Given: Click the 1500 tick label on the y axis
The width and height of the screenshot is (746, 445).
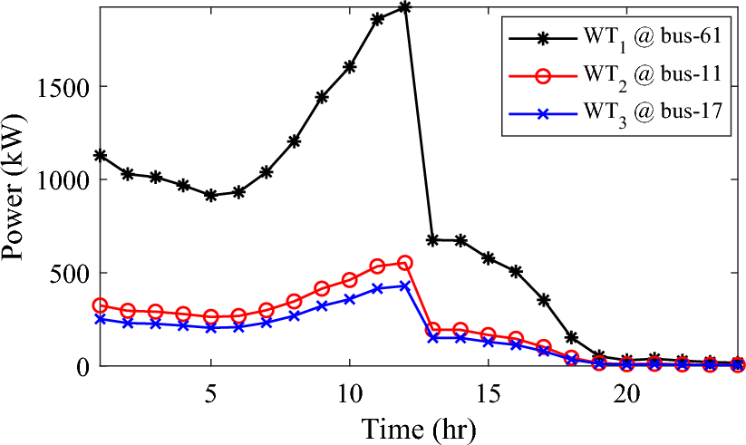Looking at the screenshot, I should point(63,87).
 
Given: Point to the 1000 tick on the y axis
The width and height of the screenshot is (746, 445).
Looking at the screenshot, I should point(63,179).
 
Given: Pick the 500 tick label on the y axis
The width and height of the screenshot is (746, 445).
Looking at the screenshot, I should point(71,273).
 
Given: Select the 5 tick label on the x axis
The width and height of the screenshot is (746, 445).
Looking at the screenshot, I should point(210,395).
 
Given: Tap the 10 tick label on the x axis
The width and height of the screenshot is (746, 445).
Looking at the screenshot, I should point(349,395).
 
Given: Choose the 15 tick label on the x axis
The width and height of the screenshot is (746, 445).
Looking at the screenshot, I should point(488,395).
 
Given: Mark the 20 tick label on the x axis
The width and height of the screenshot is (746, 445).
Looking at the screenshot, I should point(626,395).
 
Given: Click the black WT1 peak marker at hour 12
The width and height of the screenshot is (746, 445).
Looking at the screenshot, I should point(404,7).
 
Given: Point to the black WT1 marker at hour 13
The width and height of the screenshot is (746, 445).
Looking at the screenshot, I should point(432,240).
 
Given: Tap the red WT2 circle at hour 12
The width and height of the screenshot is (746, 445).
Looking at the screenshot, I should point(404,263).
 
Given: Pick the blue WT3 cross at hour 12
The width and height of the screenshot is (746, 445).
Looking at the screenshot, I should point(404,285).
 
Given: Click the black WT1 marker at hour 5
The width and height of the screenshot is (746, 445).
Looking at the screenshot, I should point(210,195).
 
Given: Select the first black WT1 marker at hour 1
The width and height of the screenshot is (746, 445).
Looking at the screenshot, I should point(100,156).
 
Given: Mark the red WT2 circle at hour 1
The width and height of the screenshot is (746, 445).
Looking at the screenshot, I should point(100,306).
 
